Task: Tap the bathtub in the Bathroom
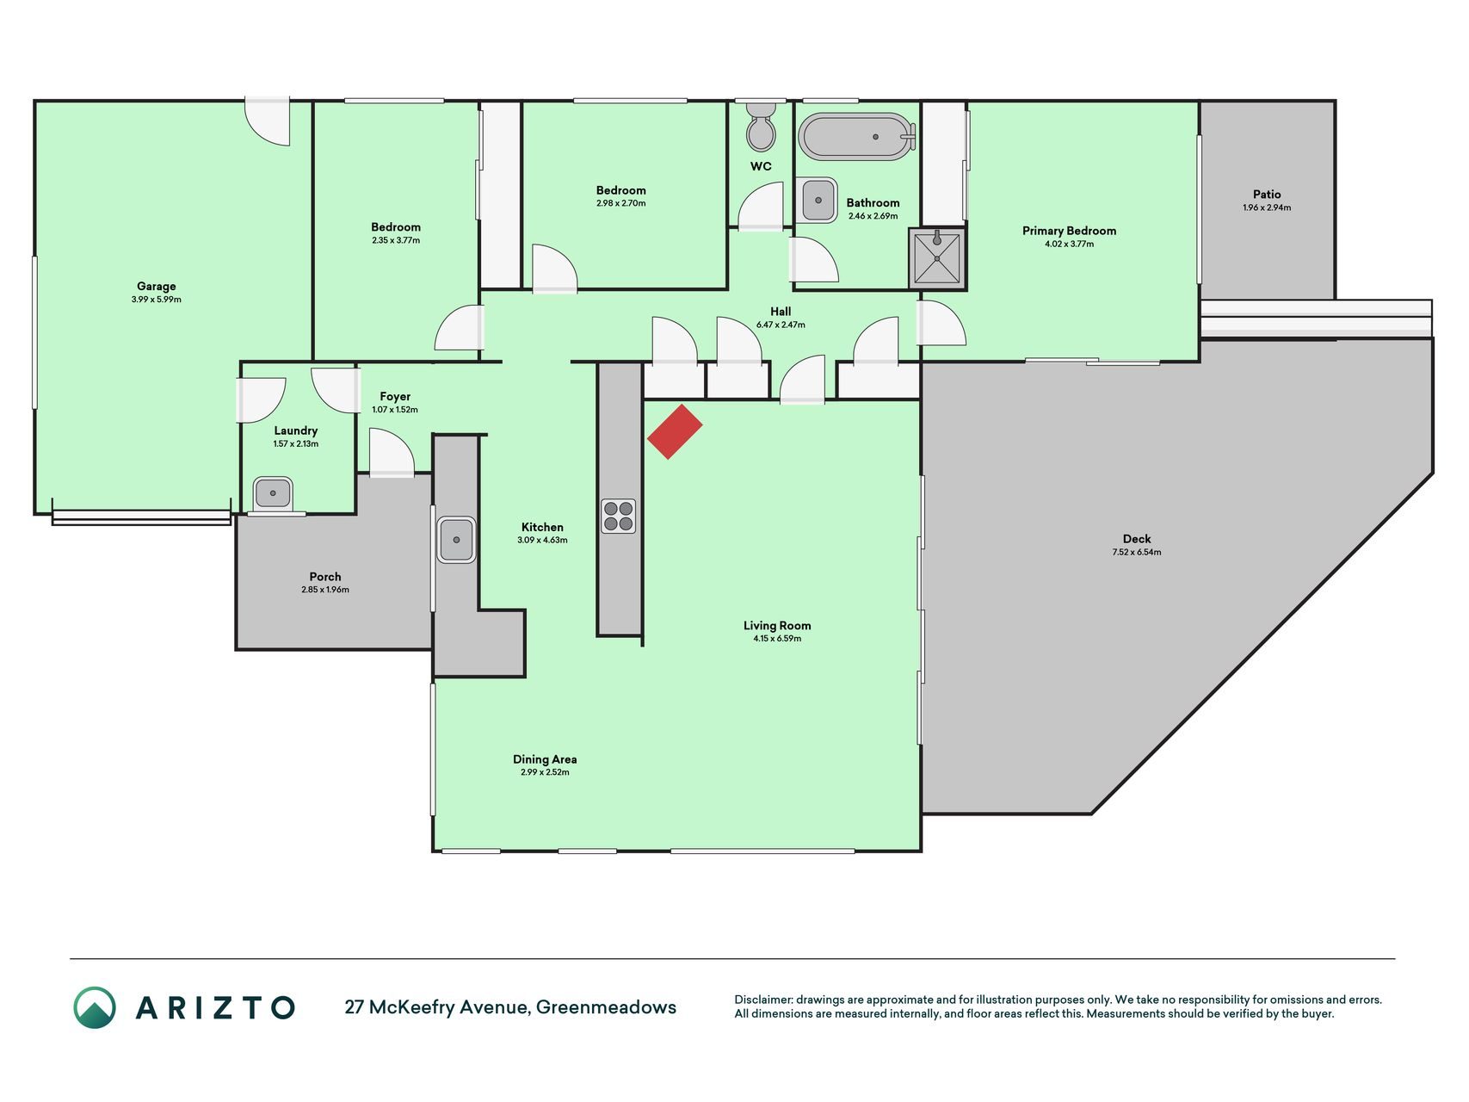point(856,136)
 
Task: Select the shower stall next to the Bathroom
point(937,258)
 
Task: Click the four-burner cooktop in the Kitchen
point(618,516)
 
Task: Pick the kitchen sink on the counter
point(456,540)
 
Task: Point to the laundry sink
point(273,493)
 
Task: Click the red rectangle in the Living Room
point(675,431)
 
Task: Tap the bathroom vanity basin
point(817,201)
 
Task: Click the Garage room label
point(156,286)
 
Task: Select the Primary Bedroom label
point(1069,231)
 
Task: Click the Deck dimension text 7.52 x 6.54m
point(1136,552)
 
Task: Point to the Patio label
point(1267,195)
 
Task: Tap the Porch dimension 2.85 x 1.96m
point(325,590)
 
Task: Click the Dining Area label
point(545,759)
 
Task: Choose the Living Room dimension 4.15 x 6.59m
point(777,639)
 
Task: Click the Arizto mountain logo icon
point(95,1007)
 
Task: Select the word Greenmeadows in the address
point(606,1007)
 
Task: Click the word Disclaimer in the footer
point(762,1000)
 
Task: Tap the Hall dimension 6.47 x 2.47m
point(781,325)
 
